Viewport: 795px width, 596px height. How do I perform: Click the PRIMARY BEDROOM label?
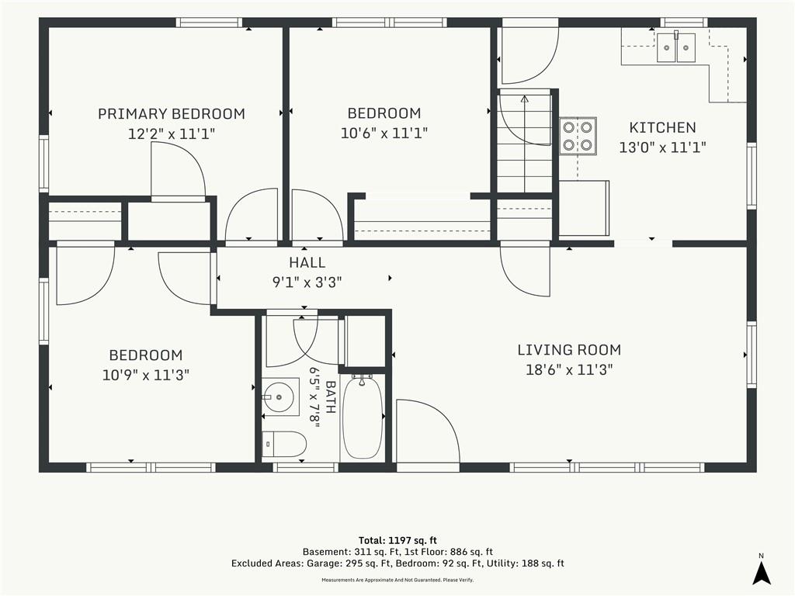172,113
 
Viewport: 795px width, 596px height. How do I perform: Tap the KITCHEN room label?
663,127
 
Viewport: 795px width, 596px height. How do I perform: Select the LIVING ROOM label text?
569,350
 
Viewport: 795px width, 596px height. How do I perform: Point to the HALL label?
307,262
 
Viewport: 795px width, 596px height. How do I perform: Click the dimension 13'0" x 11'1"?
663,147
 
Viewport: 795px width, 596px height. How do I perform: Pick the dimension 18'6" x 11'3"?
569,370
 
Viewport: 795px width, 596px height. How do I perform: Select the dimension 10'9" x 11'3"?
146,375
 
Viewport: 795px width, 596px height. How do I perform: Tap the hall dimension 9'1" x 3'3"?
307,282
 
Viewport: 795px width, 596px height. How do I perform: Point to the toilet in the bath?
284,445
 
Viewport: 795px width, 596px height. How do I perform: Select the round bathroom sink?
279,397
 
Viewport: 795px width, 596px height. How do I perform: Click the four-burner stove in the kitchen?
578,136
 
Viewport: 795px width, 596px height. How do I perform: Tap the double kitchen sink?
676,47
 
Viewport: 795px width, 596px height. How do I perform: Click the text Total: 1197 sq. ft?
397,540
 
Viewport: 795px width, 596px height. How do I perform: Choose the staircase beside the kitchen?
525,141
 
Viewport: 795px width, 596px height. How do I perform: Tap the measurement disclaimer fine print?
397,580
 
